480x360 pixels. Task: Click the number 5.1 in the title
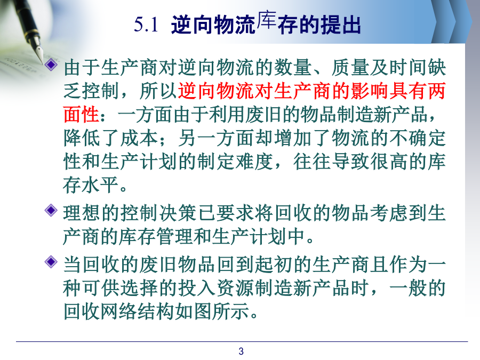click(146, 25)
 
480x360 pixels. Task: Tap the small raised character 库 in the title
click(267, 20)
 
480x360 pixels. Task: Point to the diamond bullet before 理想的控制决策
click(51, 210)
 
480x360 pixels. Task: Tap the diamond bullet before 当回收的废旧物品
click(51, 262)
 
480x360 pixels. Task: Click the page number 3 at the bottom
click(241, 351)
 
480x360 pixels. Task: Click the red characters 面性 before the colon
click(82, 114)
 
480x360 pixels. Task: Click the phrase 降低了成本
click(111, 138)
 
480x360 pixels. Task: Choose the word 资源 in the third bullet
click(235, 288)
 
